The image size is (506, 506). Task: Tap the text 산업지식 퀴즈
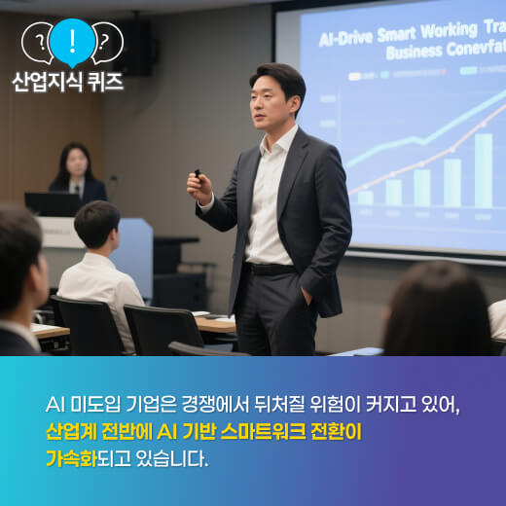point(68,82)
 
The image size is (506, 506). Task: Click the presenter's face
point(275,100)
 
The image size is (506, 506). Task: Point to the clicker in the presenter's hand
point(198,177)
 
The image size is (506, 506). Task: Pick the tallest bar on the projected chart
point(483,169)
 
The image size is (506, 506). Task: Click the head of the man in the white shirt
point(96,225)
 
